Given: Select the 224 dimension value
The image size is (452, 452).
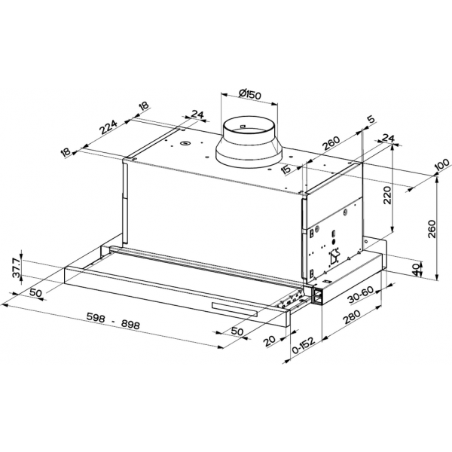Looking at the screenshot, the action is pyautogui.click(x=109, y=127).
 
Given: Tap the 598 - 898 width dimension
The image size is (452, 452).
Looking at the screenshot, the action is pyautogui.click(x=113, y=321).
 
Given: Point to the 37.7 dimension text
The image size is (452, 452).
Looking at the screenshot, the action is pyautogui.click(x=17, y=267).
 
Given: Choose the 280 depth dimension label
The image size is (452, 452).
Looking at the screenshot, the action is pyautogui.click(x=352, y=318).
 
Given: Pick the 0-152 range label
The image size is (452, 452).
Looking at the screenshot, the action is pyautogui.click(x=303, y=346).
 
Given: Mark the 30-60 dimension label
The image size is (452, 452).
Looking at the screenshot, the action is pyautogui.click(x=361, y=295).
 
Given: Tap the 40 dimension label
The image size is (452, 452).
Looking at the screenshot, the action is pyautogui.click(x=415, y=270).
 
